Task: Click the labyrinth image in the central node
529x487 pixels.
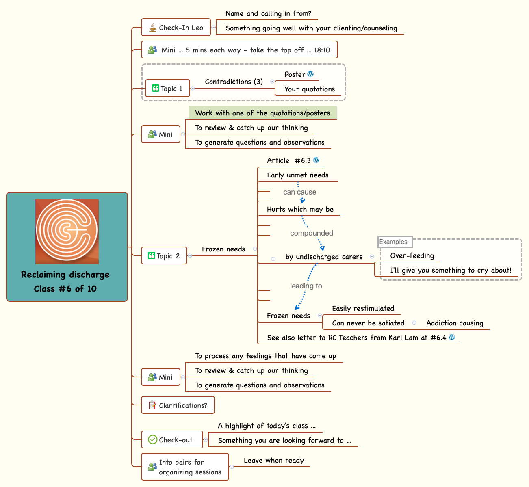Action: [67, 232]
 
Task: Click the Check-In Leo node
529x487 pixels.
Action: [176, 28]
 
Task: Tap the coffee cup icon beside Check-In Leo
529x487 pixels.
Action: [152, 28]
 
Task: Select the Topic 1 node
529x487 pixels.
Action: [167, 89]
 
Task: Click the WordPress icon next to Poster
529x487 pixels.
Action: [310, 74]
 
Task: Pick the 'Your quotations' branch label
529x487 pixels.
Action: [309, 89]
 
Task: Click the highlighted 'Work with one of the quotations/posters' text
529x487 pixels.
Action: [262, 113]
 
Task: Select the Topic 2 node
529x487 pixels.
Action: [164, 256]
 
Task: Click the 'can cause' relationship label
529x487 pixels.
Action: [299, 192]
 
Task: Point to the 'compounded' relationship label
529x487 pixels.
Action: [311, 233]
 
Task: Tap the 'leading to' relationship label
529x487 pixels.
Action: [306, 286]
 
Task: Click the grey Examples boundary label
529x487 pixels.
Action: [393, 242]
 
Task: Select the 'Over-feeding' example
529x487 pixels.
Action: [412, 255]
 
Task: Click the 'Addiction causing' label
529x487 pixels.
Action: [455, 323]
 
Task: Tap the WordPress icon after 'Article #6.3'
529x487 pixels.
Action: [316, 160]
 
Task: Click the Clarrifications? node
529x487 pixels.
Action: [178, 405]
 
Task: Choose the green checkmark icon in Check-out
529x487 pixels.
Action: [153, 439]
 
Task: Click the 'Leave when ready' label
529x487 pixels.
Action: [273, 460]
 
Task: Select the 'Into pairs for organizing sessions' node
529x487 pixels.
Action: [185, 467]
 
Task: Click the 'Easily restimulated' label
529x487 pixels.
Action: [363, 308]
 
